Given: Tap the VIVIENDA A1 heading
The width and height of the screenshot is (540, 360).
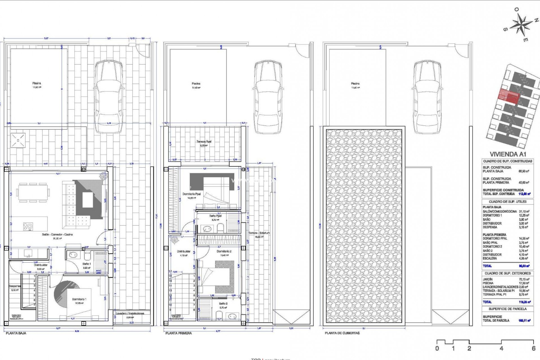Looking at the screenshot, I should click(508, 154).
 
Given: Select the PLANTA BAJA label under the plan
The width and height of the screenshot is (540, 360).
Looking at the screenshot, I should click(16, 333).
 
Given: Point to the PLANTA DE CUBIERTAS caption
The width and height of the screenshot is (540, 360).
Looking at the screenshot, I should click(342, 333).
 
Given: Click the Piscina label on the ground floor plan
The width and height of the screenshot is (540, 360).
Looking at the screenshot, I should click(37, 83).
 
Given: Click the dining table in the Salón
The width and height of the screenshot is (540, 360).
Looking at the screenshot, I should click(33, 193).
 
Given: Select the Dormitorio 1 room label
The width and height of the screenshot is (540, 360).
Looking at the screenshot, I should click(79, 299).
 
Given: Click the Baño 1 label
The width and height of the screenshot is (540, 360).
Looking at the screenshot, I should click(87, 264).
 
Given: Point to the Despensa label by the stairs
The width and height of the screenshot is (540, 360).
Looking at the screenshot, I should click(14, 286).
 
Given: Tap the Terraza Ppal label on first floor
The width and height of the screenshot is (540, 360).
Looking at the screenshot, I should click(204, 142).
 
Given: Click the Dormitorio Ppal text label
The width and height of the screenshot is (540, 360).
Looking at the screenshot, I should click(192, 194).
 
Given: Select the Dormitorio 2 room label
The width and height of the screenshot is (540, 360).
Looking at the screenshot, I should click(224, 251).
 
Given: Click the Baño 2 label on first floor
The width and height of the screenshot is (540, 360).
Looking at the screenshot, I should click(223, 304).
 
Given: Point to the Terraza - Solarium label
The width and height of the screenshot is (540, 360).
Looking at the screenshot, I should click(259, 233).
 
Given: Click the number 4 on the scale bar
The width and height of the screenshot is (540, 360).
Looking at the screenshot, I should click(501, 348).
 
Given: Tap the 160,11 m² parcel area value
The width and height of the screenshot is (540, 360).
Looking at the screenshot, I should click(524, 320).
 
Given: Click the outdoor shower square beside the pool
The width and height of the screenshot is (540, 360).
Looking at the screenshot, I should click(18, 140).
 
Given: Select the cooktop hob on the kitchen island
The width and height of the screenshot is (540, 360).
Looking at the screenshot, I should click(28, 226).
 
